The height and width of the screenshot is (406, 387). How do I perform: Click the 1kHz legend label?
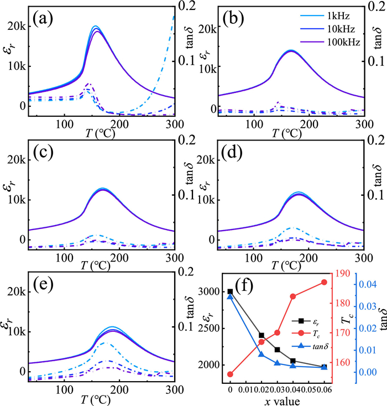338,16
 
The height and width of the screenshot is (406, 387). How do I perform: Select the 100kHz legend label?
344,42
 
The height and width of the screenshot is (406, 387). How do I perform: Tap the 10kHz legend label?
341,29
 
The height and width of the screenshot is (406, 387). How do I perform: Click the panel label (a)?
43,19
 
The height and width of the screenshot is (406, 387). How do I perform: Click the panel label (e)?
43,284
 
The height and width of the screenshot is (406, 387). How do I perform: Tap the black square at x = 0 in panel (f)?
230,292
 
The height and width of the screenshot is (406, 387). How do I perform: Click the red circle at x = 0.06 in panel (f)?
324,282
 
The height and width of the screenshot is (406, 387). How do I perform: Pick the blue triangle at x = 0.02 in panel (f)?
262,354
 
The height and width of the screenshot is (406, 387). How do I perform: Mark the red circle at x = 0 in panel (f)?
230,374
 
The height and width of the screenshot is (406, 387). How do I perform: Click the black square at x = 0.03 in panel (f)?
277,350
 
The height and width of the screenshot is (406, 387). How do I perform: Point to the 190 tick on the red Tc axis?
343,273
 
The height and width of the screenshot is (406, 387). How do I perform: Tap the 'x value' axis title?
282,402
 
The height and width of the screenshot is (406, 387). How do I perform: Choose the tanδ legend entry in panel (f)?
310,346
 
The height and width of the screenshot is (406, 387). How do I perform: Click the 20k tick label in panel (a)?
17,27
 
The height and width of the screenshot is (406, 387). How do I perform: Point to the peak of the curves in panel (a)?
95,26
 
